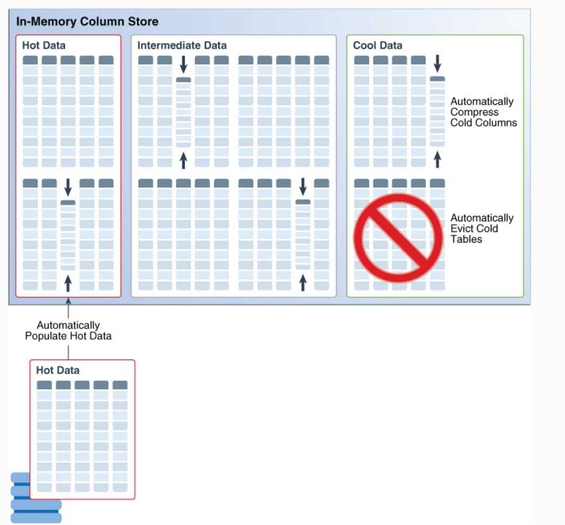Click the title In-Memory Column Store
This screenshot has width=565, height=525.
(x=87, y=22)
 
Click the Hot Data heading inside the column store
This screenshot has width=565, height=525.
(x=44, y=46)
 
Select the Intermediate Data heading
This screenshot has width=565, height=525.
(x=182, y=46)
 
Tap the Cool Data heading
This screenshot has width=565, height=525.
(x=378, y=46)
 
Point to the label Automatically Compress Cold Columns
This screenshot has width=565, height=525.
(x=483, y=112)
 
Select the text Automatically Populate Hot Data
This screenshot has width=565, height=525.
(x=68, y=331)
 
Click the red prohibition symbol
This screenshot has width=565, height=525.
(x=399, y=237)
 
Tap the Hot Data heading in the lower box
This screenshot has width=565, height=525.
(x=58, y=370)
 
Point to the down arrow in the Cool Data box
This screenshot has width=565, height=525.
(x=437, y=63)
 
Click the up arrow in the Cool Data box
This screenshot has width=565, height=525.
(x=437, y=160)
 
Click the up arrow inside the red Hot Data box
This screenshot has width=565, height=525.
(x=68, y=283)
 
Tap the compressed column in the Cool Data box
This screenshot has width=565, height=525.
(x=437, y=112)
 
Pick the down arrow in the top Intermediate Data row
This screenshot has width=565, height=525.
(x=184, y=64)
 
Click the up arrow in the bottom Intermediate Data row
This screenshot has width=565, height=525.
(x=303, y=282)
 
